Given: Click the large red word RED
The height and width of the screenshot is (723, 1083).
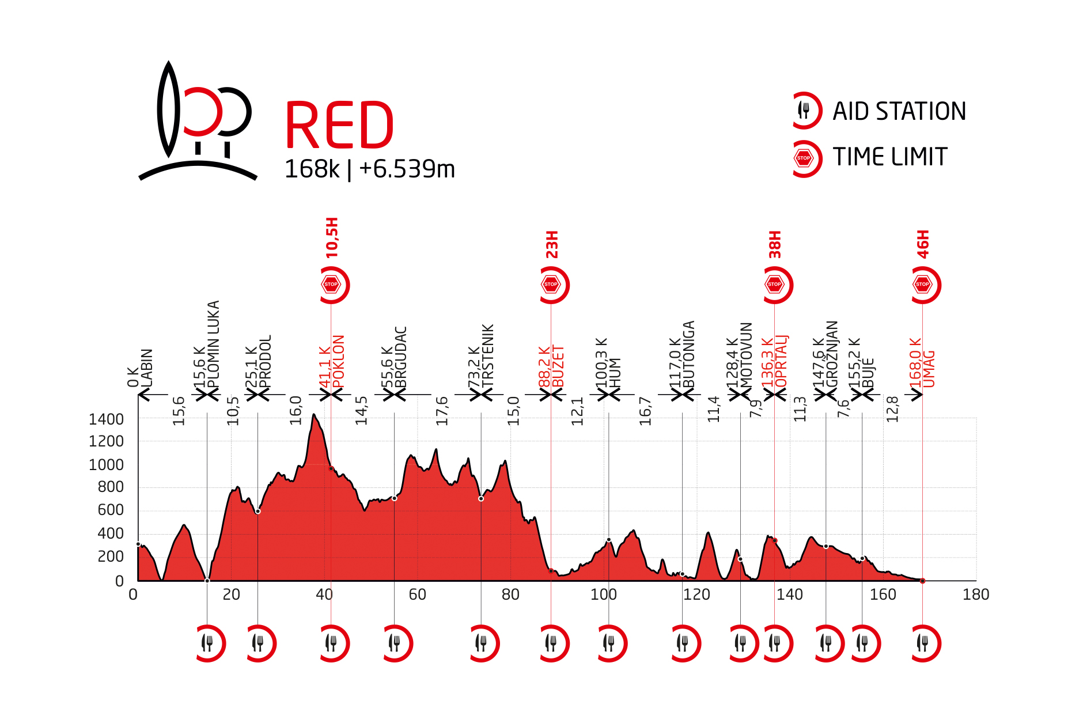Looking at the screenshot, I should click(339, 125).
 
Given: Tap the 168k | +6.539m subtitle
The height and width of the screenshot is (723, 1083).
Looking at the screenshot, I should click(369, 169).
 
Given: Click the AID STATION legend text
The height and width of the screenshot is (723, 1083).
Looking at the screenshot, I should click(899, 111).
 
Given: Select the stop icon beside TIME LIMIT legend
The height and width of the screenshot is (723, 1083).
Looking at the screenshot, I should click(804, 158).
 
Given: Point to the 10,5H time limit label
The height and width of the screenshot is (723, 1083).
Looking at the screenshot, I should click(332, 237).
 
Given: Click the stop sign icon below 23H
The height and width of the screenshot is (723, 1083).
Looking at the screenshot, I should click(551, 285).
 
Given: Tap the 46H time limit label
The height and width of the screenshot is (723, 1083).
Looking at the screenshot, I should click(923, 244).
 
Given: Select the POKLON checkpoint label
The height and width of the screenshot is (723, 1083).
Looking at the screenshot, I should click(339, 361).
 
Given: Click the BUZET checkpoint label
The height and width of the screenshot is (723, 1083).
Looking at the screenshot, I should click(558, 366).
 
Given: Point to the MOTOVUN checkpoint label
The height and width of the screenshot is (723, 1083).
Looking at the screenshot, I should click(747, 354).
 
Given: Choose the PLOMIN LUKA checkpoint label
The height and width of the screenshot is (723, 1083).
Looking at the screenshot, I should click(213, 344).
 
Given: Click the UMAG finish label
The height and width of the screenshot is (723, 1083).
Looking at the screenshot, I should click(929, 369).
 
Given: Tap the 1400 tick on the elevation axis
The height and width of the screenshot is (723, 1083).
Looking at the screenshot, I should click(106, 419).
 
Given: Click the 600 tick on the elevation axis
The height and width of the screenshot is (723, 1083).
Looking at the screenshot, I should click(111, 510).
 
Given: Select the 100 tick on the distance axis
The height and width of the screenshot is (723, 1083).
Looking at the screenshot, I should click(603, 595).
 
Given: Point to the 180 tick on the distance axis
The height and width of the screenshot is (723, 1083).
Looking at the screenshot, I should click(975, 595).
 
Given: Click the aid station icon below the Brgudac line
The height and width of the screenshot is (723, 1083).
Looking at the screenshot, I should click(395, 643).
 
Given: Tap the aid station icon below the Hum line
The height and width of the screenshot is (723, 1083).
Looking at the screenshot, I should click(609, 643).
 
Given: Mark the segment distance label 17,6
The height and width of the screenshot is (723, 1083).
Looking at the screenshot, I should click(442, 411).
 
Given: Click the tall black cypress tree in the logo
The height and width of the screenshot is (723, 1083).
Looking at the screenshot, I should click(168, 109).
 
